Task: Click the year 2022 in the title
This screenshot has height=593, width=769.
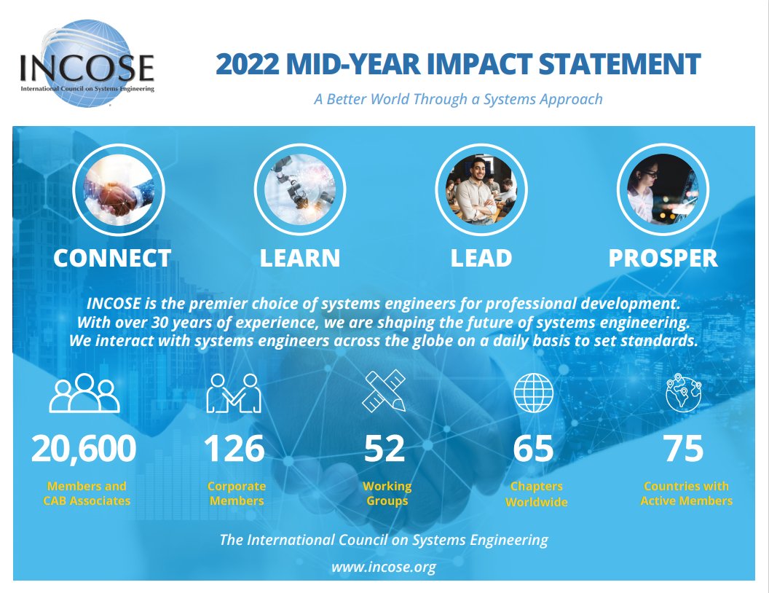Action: point(248,64)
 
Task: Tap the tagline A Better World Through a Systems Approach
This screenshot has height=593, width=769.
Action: point(458,99)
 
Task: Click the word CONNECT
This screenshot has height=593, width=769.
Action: point(112,258)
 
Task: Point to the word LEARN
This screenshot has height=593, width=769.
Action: point(300,258)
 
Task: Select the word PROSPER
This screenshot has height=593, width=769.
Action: point(663,258)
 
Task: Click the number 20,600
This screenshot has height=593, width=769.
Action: point(84,449)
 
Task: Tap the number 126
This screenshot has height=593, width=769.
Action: point(234,449)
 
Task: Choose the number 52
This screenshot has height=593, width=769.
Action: point(384,449)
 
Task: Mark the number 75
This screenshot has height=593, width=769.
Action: point(683,449)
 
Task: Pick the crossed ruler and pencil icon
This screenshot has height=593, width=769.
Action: point(384,393)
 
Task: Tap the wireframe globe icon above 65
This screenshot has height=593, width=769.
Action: point(534,393)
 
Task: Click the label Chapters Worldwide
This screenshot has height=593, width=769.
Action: point(537,494)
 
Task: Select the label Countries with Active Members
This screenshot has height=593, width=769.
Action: point(686,493)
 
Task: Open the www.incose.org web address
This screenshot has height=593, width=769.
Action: point(384,567)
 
